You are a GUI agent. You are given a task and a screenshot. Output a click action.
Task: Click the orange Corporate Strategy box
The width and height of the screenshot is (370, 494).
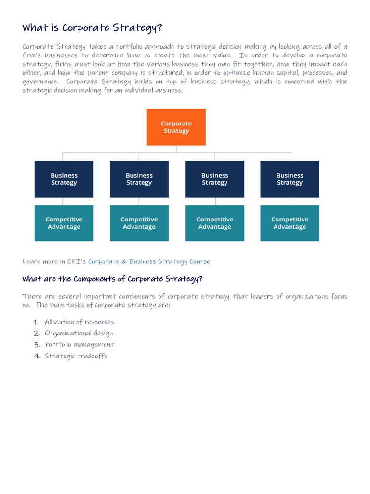(x=176, y=127)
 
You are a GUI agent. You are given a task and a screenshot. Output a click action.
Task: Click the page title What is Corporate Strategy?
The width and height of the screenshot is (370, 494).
(x=92, y=27)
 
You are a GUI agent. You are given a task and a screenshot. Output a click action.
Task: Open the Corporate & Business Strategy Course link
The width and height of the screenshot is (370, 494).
(x=149, y=261)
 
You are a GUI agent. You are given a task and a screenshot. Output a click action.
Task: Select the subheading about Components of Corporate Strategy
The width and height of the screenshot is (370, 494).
(x=112, y=279)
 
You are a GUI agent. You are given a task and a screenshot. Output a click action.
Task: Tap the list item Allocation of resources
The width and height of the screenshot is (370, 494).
(x=79, y=322)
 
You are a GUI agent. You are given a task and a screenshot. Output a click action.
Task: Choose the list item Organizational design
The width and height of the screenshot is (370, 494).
(x=79, y=333)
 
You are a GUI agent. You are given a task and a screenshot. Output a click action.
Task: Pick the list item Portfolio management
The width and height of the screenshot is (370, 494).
(x=79, y=344)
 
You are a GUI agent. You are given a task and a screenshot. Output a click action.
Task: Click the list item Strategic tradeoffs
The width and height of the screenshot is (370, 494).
(x=76, y=356)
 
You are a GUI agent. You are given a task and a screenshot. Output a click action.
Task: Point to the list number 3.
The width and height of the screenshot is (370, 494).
(x=37, y=344)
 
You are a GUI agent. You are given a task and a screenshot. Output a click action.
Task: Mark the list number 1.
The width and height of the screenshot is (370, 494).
(x=37, y=322)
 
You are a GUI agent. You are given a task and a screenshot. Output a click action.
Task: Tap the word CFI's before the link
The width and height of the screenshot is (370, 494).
(x=77, y=261)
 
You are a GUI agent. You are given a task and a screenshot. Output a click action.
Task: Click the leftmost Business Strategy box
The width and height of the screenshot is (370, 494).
(x=64, y=179)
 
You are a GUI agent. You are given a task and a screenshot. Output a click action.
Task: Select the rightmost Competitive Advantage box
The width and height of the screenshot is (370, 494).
(x=290, y=223)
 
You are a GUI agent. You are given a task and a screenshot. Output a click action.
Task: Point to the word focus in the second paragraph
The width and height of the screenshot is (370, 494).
(x=339, y=296)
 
